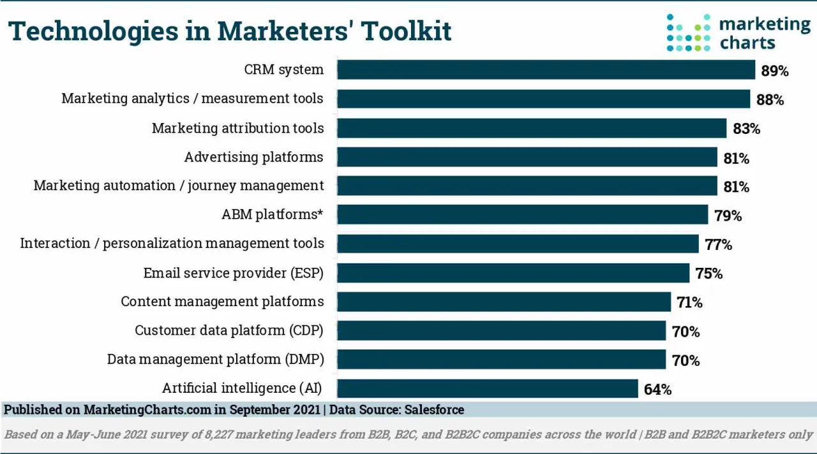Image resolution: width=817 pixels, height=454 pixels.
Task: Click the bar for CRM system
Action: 546,70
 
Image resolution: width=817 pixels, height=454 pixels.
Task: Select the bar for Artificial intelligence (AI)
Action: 487,388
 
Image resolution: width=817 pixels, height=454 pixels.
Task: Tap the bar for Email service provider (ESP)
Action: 513,273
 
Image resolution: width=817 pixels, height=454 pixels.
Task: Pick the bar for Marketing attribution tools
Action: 531,128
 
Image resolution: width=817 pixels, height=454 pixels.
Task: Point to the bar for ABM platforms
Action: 522,215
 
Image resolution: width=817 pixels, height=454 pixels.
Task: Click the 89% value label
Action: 774,71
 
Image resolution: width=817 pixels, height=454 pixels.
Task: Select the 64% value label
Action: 657,389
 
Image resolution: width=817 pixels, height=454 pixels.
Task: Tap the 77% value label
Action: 718,244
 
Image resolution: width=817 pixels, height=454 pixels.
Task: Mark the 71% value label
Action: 689,302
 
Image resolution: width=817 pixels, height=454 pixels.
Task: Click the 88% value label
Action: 770,99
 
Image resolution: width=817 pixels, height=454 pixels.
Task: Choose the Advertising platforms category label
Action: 253,157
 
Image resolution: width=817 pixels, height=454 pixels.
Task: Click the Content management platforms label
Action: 222,302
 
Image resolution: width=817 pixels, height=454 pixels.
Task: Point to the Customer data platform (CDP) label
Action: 229,330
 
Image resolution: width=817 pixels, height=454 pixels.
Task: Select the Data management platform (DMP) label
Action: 215,359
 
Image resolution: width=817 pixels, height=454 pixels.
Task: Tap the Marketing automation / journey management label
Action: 179,186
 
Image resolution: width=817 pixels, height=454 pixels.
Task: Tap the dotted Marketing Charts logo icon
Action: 688,33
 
